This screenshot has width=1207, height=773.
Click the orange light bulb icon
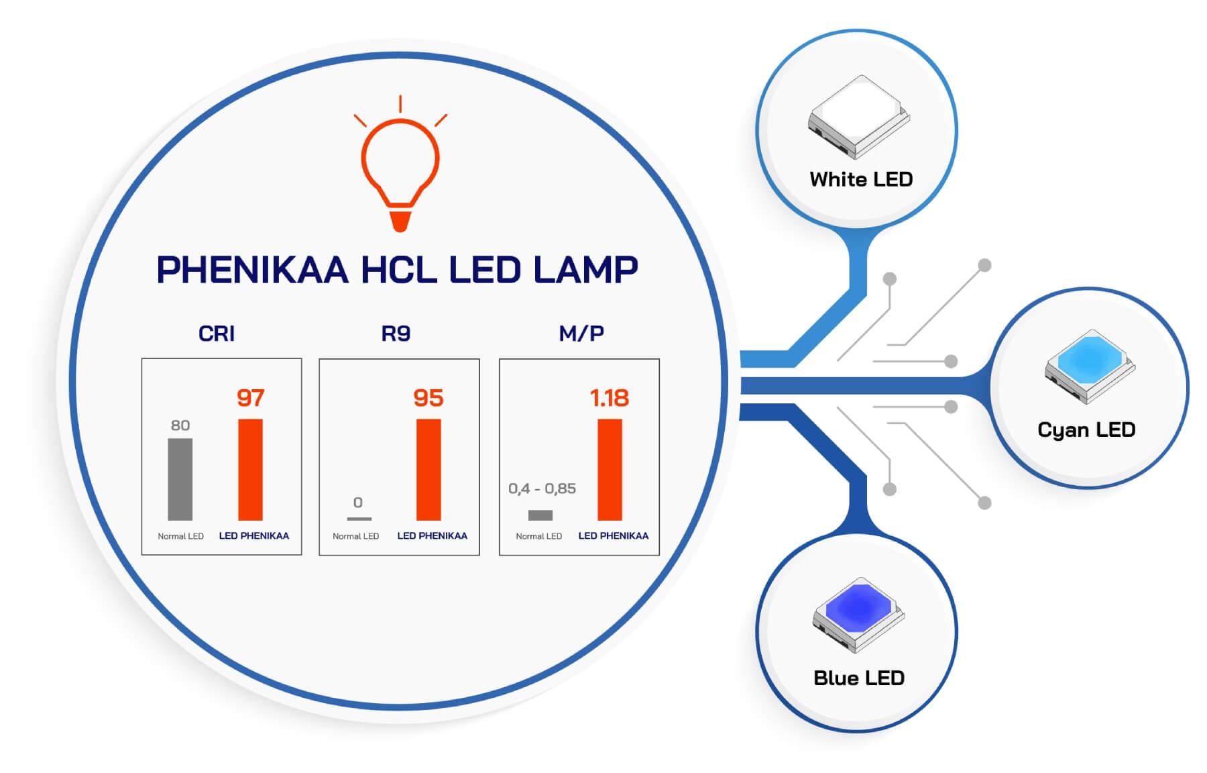pos(400,168)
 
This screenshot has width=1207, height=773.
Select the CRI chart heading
pos(217,333)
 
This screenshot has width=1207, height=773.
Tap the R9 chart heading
pos(396,333)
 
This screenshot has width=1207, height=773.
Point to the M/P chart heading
pos(581,333)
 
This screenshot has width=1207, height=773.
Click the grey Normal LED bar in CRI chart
pos(180,479)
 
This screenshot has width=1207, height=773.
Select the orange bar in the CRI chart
pos(250,470)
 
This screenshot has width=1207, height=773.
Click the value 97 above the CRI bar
pos(251,398)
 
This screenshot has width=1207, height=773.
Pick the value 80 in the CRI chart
pos(180,425)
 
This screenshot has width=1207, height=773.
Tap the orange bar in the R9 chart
pos(428,470)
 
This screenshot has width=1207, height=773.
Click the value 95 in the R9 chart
pos(428,398)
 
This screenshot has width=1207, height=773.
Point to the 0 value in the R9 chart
pos(358,503)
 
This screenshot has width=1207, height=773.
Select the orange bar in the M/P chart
pos(610,470)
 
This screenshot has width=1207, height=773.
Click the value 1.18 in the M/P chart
pos(609,398)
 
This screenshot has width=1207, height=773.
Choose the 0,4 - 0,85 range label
pos(542,488)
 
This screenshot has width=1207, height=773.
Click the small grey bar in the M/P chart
pos(540,515)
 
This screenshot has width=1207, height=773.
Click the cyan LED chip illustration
pos(1090,366)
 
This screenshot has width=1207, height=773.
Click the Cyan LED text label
pos(1086,430)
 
